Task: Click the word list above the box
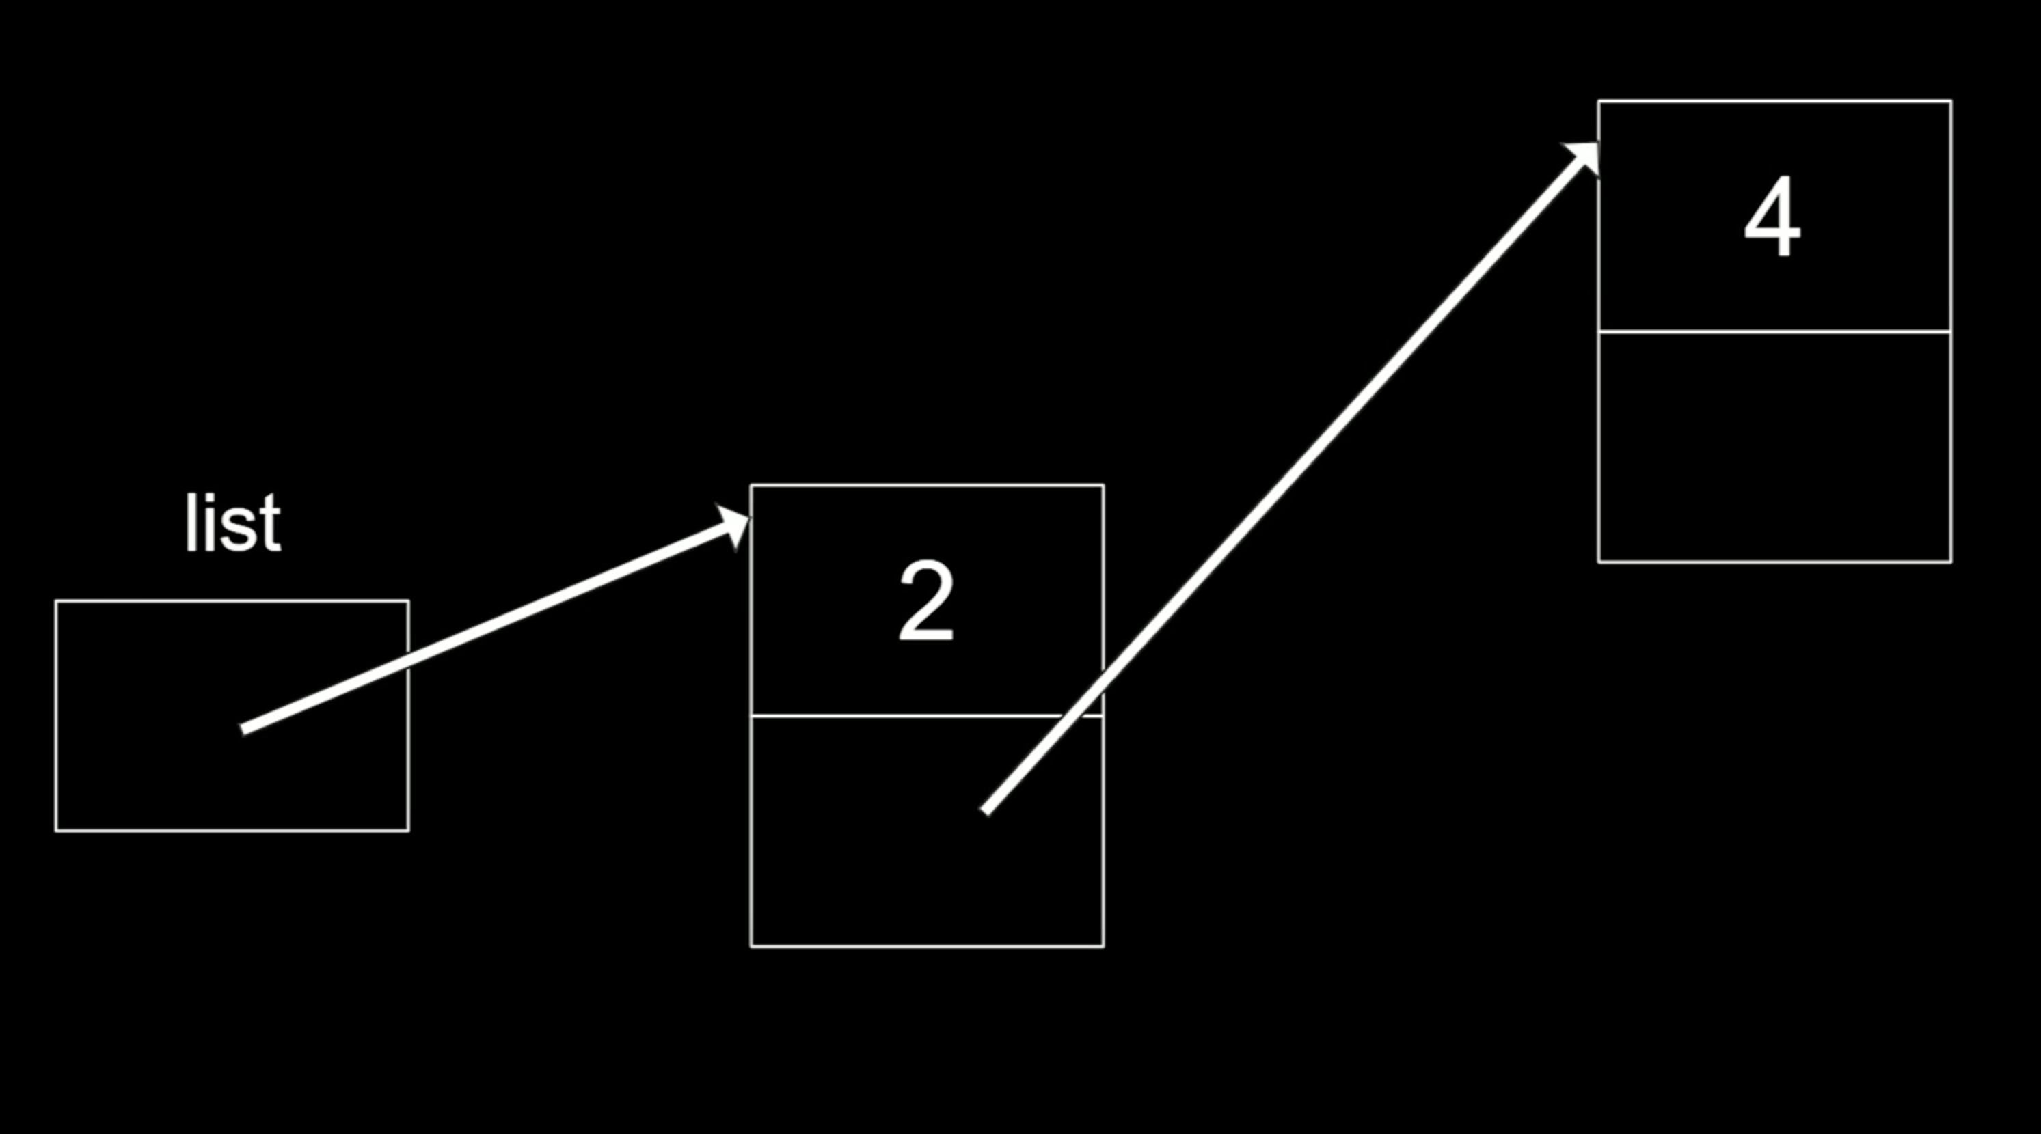point(232,524)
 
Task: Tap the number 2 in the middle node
point(926,601)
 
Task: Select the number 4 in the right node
point(1772,218)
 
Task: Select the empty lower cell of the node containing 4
point(1775,447)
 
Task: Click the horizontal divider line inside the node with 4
point(1775,331)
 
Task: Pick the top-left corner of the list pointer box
point(56,602)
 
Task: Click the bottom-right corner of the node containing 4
point(1951,562)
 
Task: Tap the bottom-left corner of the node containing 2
point(751,945)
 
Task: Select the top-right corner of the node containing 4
point(1951,101)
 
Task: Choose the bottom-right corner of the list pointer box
point(409,830)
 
